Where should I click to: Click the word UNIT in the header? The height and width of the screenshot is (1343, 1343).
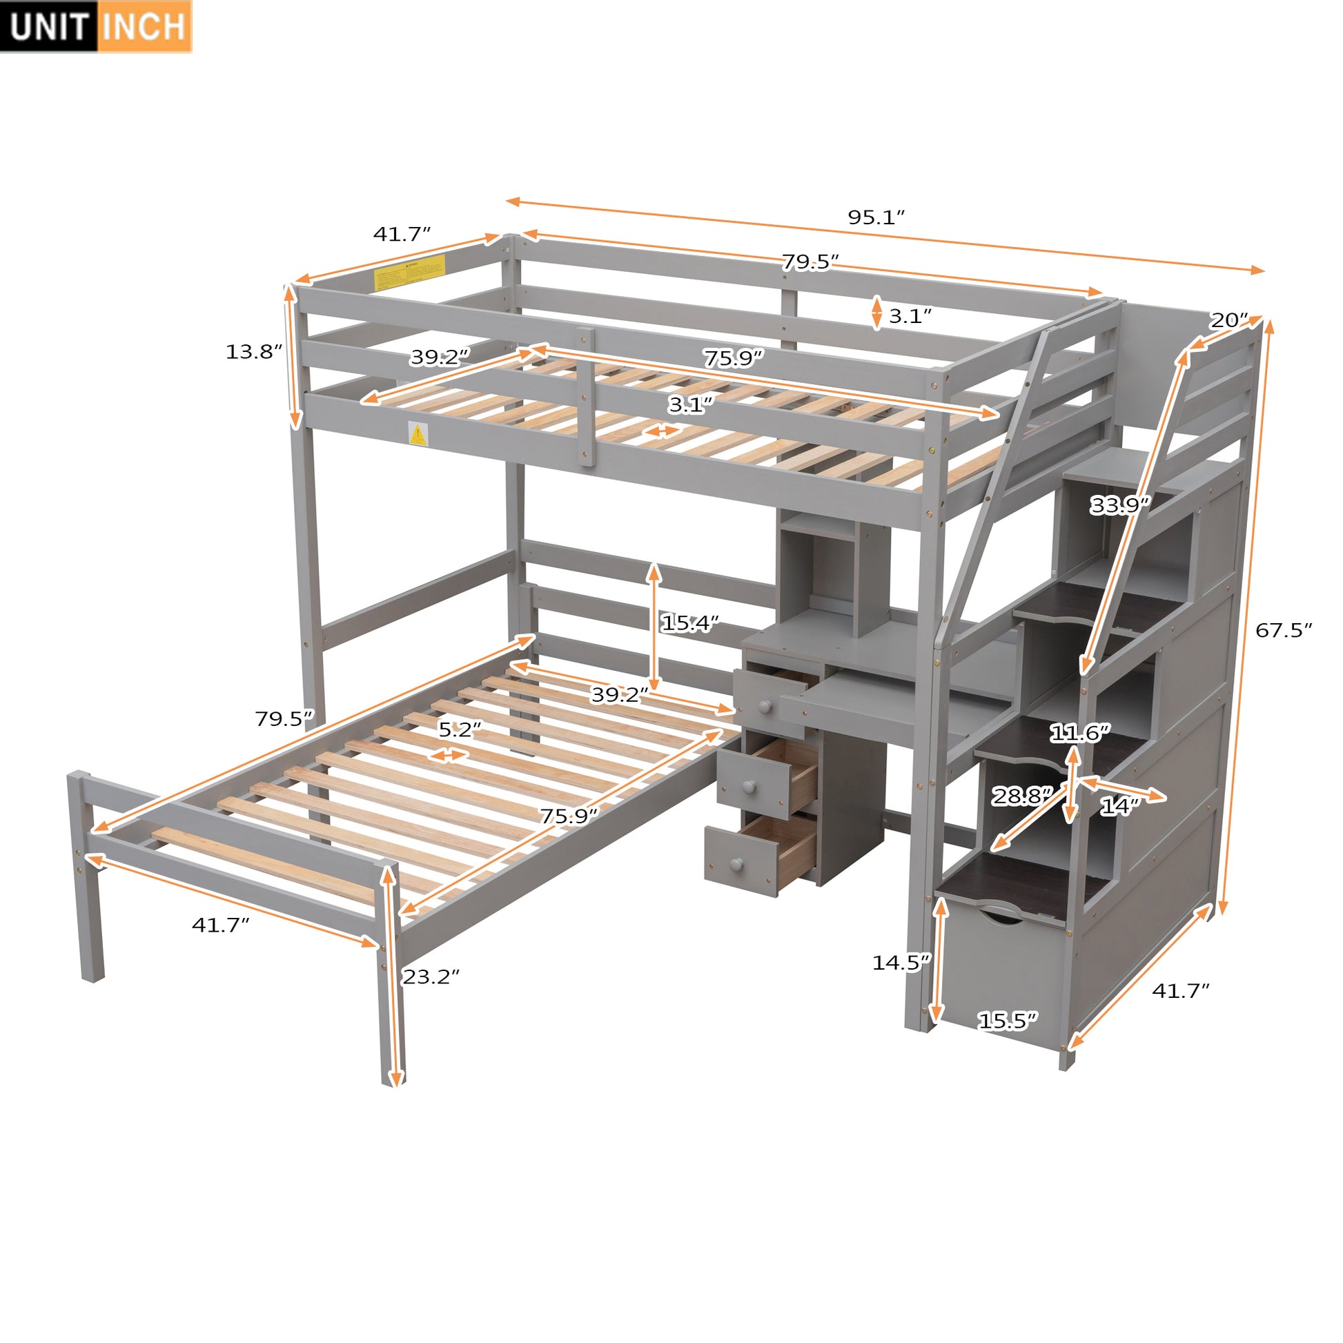point(49,26)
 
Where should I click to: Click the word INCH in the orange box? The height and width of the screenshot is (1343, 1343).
point(145,26)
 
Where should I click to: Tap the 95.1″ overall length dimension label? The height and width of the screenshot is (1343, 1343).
point(876,217)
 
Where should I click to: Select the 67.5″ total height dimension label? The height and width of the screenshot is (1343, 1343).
point(1283,631)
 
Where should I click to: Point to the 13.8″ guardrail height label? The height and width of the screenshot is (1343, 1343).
point(254,352)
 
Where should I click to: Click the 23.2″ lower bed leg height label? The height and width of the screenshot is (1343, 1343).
point(431,977)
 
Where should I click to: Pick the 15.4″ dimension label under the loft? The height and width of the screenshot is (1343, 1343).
point(689,624)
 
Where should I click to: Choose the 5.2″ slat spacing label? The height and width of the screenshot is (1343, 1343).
point(460,729)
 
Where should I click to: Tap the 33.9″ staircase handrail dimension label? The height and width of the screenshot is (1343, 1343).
point(1120,505)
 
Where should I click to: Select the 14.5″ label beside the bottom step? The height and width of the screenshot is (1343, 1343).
point(901,963)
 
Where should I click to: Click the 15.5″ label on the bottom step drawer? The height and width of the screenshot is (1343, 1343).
point(1008,1021)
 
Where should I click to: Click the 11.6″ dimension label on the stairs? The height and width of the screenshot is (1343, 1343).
point(1079,733)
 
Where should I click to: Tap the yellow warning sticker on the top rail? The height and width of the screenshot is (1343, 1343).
point(409,273)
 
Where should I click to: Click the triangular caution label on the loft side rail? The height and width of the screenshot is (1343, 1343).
point(417,435)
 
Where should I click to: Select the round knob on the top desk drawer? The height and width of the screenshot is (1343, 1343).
point(765,706)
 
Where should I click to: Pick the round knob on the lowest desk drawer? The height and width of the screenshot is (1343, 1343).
point(736,865)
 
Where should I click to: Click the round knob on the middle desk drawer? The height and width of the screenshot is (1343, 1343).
point(749,787)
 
